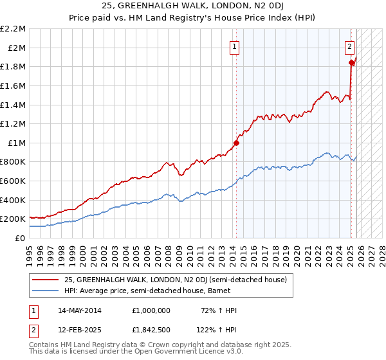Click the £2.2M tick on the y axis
[14, 29]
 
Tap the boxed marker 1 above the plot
[234, 46]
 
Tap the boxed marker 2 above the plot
[349, 46]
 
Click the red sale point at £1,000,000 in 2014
[236, 143]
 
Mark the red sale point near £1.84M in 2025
[351, 62]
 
